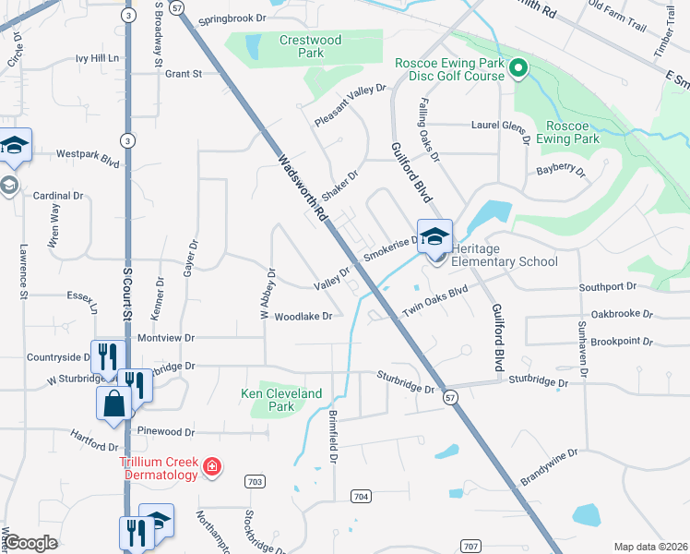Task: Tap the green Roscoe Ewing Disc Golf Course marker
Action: point(518,67)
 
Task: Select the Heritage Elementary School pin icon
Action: point(434,236)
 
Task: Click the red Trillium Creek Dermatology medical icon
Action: point(212,467)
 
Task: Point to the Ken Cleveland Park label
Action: point(281,400)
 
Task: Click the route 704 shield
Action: point(361,496)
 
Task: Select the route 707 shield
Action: point(470,547)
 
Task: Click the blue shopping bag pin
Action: point(114,403)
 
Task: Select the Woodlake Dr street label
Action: point(303,316)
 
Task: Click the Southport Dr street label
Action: point(608,287)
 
